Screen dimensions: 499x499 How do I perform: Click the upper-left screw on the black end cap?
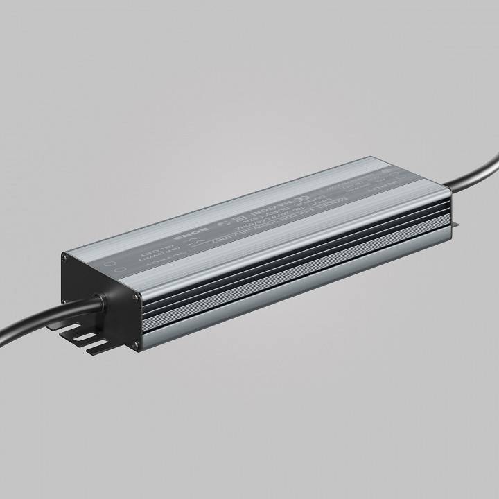tap(65, 258)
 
